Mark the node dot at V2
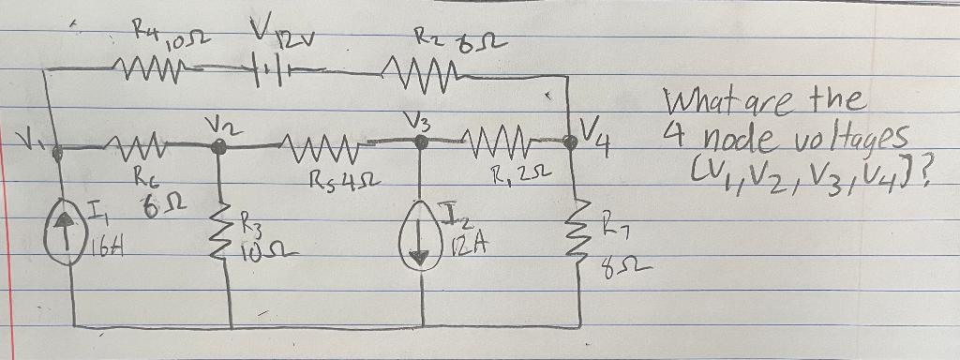(219, 144)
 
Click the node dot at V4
(569, 141)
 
